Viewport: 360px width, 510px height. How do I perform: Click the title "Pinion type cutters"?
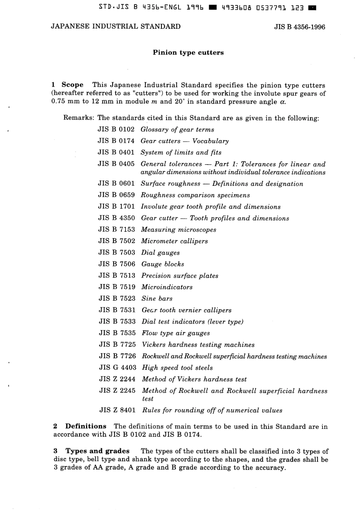point(188,53)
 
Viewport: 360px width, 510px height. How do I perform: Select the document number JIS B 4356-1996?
point(299,27)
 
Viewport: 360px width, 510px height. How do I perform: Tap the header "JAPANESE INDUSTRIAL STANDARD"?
point(116,27)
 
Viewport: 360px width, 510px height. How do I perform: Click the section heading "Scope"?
point(72,85)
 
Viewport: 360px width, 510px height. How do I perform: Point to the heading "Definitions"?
point(86,426)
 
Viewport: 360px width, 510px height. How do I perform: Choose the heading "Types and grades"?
point(97,451)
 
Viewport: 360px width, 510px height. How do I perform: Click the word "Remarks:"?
point(79,118)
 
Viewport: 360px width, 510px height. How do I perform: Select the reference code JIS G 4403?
point(117,367)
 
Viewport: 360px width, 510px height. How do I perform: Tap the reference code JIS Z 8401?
point(117,410)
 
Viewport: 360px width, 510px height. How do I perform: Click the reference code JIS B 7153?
point(117,229)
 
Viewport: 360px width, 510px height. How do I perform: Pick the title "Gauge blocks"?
point(163,264)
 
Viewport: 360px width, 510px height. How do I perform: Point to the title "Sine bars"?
point(157,298)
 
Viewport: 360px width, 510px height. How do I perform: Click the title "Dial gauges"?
point(160,253)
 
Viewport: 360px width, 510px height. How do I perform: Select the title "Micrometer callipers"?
point(174,241)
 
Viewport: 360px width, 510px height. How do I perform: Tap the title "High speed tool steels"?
point(177,367)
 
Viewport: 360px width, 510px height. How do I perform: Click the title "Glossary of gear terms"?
point(177,130)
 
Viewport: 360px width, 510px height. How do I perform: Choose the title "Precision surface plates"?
point(180,276)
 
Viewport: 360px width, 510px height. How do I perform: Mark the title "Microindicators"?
point(167,287)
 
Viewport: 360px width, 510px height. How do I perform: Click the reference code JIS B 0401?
point(116,152)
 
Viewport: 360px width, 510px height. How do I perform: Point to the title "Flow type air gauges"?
point(176,333)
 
